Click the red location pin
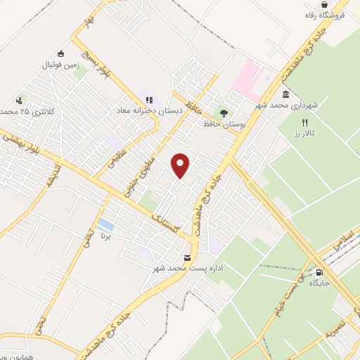pyautogui.click(x=181, y=165)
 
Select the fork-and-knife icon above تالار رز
pyautogui.click(x=304, y=122)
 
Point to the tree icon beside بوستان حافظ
pyautogui.click(x=224, y=111)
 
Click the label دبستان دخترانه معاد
pyautogui.click(x=150, y=110)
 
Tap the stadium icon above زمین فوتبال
pyautogui.click(x=60, y=53)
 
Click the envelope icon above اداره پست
pyautogui.click(x=187, y=257)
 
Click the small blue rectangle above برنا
pyautogui.click(x=105, y=225)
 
